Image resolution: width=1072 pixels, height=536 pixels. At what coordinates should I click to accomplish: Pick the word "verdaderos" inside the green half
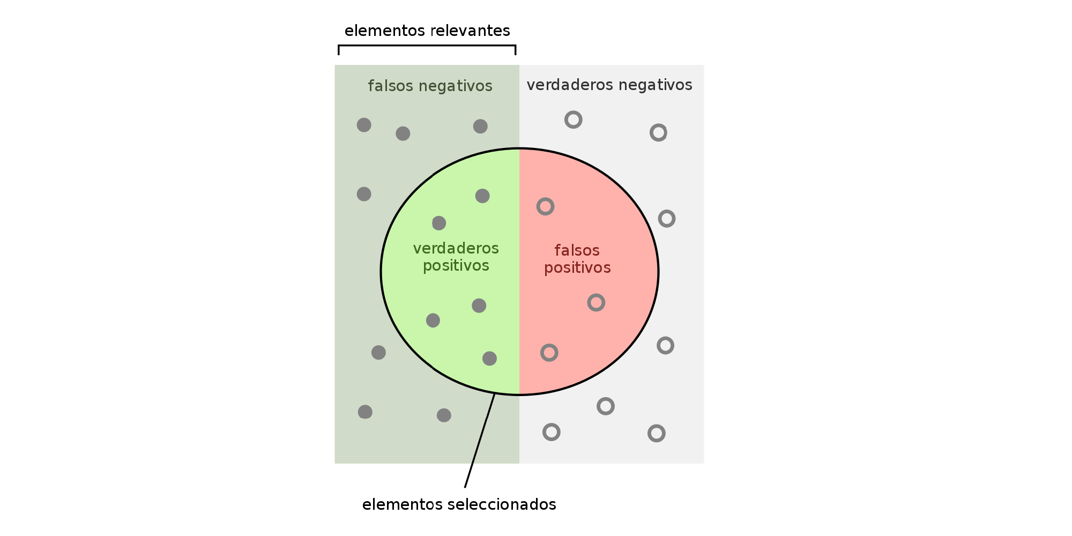[456, 249]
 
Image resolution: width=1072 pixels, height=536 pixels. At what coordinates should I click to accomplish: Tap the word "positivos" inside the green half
[456, 266]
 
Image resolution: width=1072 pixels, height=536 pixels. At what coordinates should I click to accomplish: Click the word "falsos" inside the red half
[577, 251]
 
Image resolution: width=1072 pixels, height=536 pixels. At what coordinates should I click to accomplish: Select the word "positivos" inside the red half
[577, 268]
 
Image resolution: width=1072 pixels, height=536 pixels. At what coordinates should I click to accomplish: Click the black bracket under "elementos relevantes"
[427, 46]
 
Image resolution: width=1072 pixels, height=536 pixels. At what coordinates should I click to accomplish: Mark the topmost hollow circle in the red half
[545, 206]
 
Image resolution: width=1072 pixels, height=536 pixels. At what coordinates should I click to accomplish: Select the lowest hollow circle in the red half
[549, 353]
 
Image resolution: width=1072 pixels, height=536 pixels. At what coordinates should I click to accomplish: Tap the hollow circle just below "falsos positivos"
[596, 303]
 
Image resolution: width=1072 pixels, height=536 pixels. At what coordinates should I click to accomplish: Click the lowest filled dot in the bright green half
[489, 359]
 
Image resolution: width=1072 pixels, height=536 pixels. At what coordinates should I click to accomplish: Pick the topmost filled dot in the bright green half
[482, 196]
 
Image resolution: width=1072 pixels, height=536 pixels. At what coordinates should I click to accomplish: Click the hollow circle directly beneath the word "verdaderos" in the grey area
[574, 120]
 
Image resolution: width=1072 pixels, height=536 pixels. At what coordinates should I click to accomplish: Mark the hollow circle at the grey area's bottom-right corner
[657, 433]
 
